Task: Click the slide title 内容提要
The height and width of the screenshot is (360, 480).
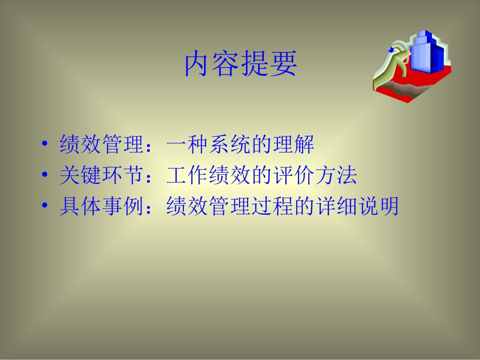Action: (x=240, y=64)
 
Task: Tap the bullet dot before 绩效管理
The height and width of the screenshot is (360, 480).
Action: (x=46, y=145)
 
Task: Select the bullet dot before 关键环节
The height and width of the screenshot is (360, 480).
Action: (x=46, y=176)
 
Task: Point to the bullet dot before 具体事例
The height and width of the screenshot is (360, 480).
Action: (x=46, y=207)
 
